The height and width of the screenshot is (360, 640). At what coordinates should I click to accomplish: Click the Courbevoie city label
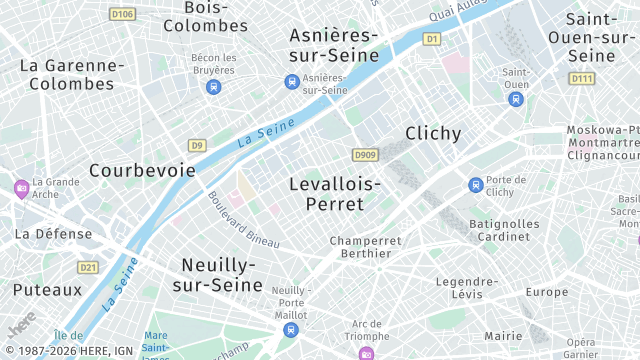[x=142, y=170]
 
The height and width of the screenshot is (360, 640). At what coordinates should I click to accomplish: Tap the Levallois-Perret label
[x=334, y=194]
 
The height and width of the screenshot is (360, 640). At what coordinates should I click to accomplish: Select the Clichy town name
[x=433, y=133]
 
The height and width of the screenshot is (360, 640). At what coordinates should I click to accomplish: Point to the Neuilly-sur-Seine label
[x=219, y=274]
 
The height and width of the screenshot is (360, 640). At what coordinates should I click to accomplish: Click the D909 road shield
[x=364, y=155]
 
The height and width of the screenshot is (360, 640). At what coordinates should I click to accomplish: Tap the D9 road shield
[x=197, y=146]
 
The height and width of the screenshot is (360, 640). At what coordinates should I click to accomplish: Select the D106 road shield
[x=122, y=14]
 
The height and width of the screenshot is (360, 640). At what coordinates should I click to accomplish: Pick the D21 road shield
[x=89, y=267]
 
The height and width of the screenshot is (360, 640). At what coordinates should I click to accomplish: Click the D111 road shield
[x=581, y=78]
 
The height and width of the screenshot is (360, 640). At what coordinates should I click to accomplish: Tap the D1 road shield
[x=432, y=39]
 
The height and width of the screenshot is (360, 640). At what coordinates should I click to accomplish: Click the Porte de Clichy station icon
[x=476, y=185]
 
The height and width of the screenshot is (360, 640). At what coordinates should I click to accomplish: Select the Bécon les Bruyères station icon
[x=213, y=87]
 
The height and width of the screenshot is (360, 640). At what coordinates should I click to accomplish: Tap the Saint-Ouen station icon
[x=516, y=99]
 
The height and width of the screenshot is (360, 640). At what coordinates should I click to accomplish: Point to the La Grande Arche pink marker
[x=21, y=188]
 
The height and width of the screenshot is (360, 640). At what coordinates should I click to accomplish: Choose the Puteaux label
[x=47, y=290]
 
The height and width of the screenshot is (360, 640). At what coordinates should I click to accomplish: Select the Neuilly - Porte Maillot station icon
[x=290, y=329]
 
